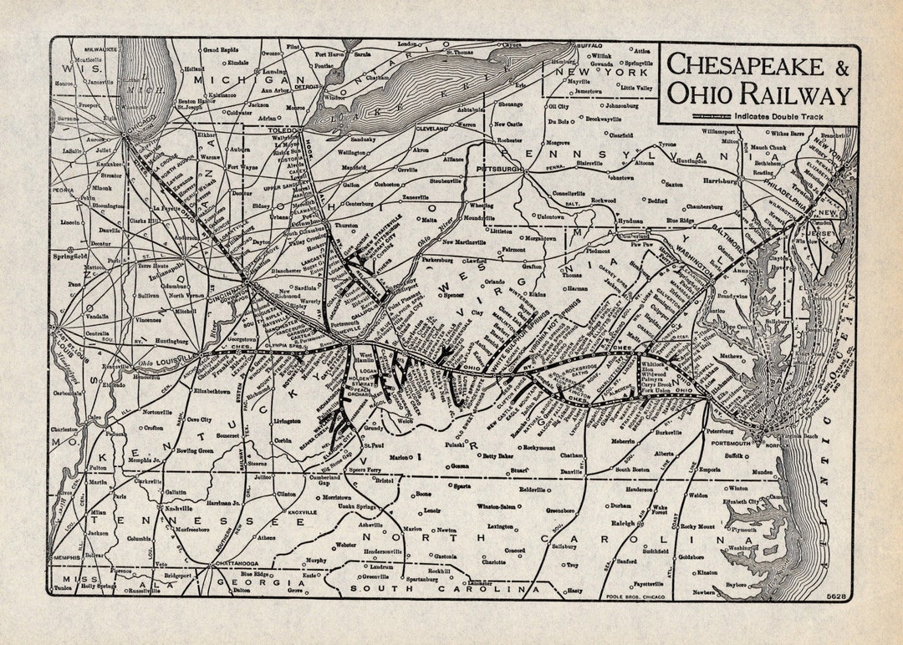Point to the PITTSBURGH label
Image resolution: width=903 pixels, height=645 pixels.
click(499, 168)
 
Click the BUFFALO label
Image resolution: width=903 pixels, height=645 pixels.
click(589, 46)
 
